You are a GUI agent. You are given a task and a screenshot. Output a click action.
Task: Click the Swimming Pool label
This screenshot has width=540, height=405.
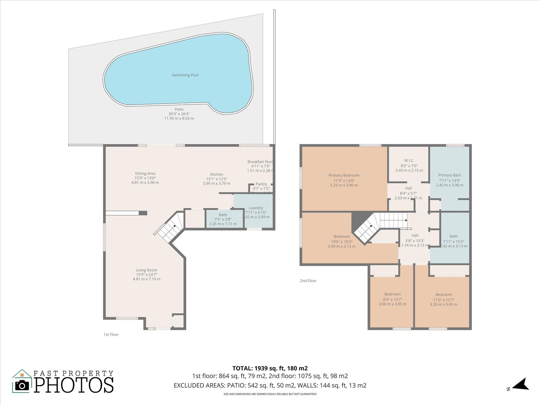(x=185, y=75)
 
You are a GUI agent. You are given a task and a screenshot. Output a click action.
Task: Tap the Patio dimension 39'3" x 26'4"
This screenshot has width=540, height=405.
(x=179, y=114)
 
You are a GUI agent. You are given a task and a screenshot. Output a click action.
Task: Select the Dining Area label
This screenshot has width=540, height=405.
(x=145, y=173)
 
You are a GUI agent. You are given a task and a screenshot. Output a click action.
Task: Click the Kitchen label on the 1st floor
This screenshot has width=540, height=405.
(x=216, y=174)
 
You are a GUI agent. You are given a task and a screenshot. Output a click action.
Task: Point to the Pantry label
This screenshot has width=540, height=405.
(x=261, y=184)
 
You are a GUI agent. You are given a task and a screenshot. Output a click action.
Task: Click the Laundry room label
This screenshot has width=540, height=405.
(x=256, y=208)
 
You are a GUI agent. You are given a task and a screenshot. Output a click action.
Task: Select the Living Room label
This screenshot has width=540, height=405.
(x=147, y=270)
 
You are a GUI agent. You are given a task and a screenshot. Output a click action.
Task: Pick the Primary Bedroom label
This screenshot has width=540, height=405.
(x=344, y=175)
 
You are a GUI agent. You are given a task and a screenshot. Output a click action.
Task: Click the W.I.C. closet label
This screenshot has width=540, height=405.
(x=409, y=161)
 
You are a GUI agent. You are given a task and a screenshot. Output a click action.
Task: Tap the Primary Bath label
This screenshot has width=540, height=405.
(x=450, y=175)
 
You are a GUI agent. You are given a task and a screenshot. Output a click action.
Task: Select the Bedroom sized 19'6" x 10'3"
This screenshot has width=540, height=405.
(x=342, y=237)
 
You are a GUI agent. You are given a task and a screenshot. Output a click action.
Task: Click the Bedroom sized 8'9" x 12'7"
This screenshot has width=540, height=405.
(x=392, y=294)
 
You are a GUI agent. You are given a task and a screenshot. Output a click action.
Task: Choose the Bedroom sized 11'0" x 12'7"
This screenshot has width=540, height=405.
(x=443, y=295)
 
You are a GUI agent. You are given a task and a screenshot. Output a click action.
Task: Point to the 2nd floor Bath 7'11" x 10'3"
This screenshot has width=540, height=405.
(x=454, y=237)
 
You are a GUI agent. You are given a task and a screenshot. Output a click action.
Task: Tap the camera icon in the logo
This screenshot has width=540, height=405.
(x=22, y=386)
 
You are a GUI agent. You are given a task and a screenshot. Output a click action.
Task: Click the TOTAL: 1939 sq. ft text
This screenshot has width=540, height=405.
(x=270, y=368)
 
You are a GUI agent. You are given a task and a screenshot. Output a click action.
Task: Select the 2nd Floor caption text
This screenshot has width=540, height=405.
(x=308, y=281)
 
